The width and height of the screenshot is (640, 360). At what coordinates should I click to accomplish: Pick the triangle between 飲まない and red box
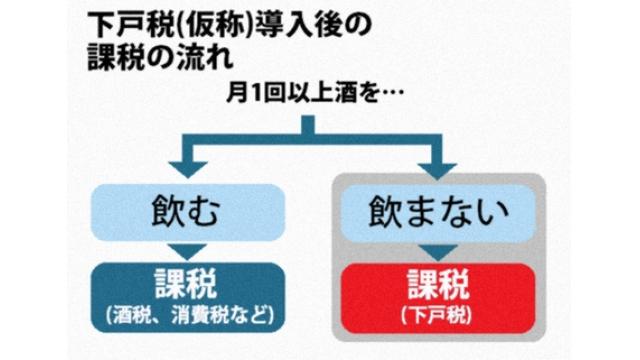coord(438,249)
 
